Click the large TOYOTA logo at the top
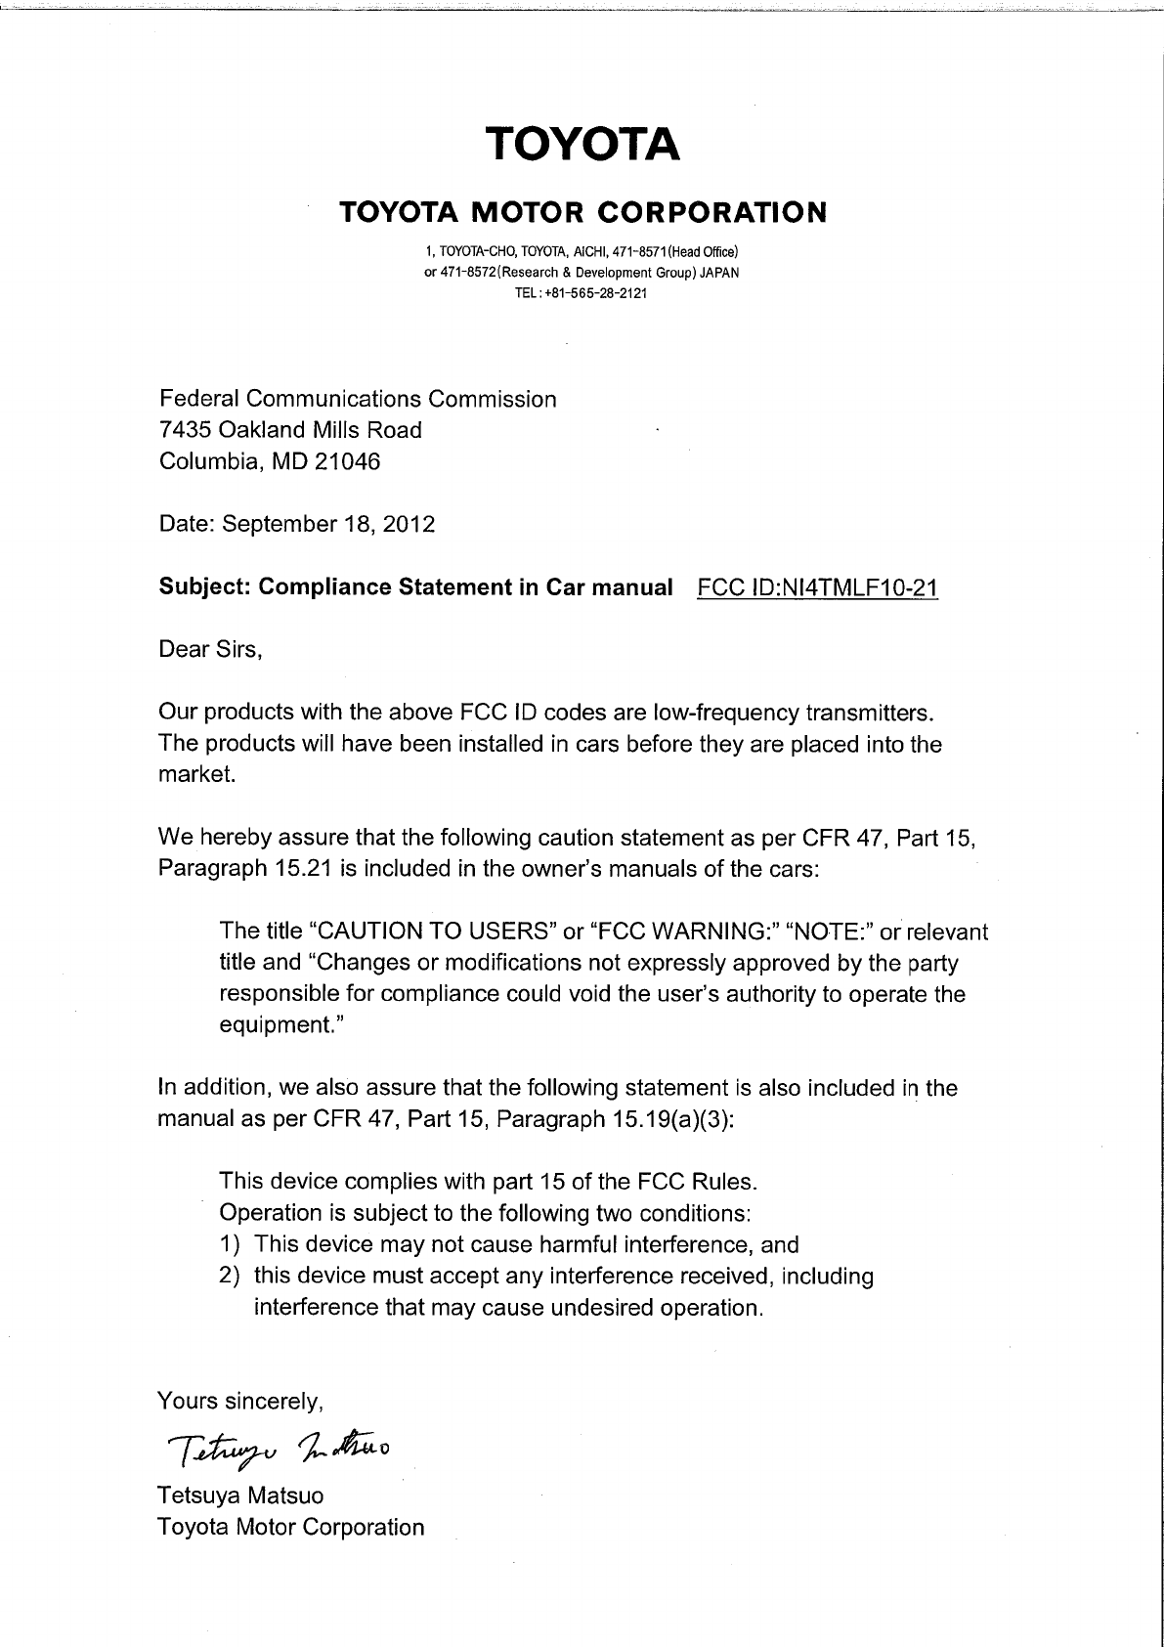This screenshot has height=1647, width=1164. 582,144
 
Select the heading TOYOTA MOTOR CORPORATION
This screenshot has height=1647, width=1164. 582,211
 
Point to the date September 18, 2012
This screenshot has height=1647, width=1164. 328,524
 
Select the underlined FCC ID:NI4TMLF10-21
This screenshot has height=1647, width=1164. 819,587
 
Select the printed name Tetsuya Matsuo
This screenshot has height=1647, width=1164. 240,1495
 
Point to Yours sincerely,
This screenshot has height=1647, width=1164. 240,1401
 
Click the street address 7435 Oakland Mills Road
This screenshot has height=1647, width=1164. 290,430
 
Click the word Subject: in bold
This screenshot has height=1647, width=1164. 206,587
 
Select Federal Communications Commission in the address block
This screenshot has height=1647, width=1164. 358,399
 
